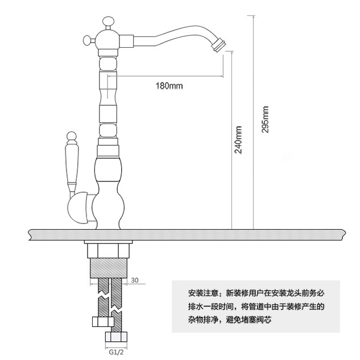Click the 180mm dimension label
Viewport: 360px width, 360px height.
(169, 86)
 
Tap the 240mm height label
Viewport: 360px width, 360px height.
(238, 139)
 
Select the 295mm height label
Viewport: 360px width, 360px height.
(265, 119)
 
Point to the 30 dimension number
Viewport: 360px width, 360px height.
(135, 280)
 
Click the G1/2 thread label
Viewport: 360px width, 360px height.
(116, 352)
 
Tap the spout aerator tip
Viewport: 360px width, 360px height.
(219, 45)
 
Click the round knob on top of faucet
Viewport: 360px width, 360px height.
(108, 22)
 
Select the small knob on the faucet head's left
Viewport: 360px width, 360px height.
(88, 40)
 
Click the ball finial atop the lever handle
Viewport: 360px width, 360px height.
(72, 136)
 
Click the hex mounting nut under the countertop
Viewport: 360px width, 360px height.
(108, 251)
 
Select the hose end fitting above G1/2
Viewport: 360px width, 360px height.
(116, 337)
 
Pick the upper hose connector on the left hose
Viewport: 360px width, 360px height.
(103, 322)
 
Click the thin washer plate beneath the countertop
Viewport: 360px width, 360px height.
(109, 242)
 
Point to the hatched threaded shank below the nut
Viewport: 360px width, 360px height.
(108, 268)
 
